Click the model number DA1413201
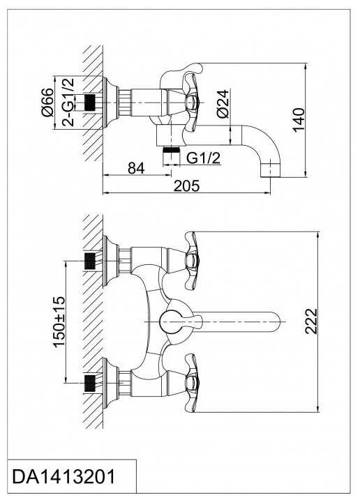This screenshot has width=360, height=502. [63, 476]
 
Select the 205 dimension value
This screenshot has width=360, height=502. [186, 185]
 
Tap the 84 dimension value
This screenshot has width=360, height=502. [136, 168]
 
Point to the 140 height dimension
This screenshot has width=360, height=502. [299, 120]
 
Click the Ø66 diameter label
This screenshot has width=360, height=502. [47, 102]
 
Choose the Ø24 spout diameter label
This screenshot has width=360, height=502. [223, 104]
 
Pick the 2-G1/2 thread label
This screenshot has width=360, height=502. [68, 102]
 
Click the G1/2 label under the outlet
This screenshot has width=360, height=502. [204, 158]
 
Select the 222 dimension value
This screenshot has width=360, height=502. [311, 321]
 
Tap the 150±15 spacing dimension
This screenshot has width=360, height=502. [59, 321]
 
